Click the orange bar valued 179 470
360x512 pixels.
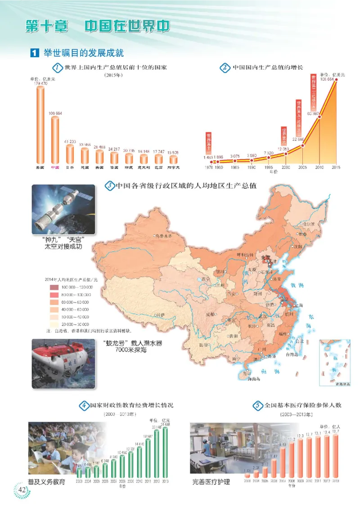pyautogui.click(x=40, y=124)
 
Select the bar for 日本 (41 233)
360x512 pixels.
pyautogui.click(x=70, y=153)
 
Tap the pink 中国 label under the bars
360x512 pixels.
pyautogui.click(x=55, y=167)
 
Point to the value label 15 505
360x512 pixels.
pyautogui.click(x=172, y=152)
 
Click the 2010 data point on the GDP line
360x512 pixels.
pyautogui.click(x=319, y=118)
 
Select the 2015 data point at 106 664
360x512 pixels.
pyautogui.click(x=336, y=81)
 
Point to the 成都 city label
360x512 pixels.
pyautogui.click(x=211, y=314)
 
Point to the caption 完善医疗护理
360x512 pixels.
pyautogui.click(x=211, y=482)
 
